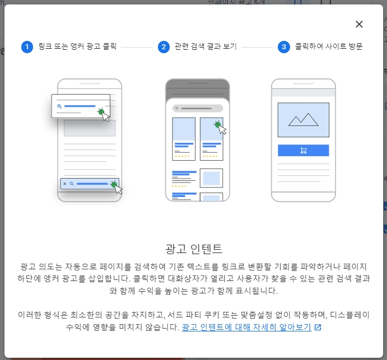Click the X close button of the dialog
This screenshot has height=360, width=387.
[x=359, y=24]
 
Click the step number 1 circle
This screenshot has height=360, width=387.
[x=27, y=47]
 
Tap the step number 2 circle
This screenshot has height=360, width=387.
[x=164, y=47]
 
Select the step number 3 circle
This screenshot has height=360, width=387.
[x=283, y=47]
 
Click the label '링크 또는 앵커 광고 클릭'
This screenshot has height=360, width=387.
[x=77, y=47]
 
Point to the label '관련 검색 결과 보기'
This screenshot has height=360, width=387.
[x=206, y=47]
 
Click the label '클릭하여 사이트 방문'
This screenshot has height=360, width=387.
[x=328, y=47]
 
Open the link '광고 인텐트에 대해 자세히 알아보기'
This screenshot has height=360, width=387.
[x=246, y=327]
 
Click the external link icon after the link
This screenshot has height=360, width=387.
[x=318, y=327]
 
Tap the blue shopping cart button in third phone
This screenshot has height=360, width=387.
[x=303, y=150]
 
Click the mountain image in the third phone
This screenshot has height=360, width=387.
[x=303, y=119]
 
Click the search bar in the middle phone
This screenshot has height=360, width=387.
[x=197, y=108]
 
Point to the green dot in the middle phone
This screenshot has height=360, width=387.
[x=217, y=125]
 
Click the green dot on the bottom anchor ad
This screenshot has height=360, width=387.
[x=114, y=184]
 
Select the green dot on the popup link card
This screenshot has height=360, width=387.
[x=101, y=111]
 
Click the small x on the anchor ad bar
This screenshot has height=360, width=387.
[x=64, y=184]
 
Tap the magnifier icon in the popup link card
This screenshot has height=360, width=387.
[x=59, y=106]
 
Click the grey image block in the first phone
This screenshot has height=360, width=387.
[x=89, y=128]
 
